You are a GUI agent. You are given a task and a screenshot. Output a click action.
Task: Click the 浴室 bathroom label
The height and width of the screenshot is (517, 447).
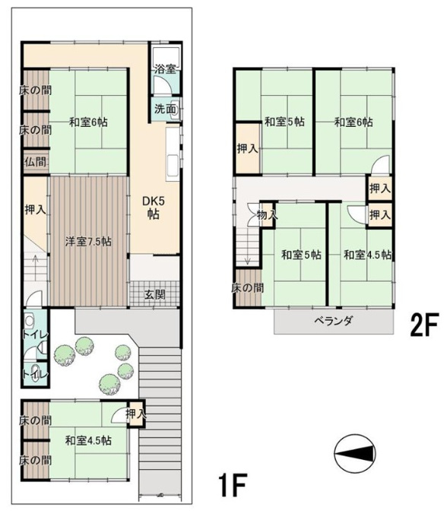coord(166,69)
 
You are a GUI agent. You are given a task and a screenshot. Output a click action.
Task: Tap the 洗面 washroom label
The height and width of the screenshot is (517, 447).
coord(166,109)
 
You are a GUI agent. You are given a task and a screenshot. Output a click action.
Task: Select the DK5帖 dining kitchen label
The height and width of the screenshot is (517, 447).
coord(154,208)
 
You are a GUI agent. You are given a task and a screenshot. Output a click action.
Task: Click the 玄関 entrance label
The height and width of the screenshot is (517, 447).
coord(155,294)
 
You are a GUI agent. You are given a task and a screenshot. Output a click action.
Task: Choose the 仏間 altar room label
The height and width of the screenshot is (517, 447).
coord(35,161)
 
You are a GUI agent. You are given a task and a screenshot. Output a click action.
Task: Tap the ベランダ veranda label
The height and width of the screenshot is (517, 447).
coord(334,321)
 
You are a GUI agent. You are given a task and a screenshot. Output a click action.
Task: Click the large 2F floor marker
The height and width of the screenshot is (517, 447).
coord(424,325)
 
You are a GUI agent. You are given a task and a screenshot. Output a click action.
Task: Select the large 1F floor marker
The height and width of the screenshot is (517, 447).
coord(233,485)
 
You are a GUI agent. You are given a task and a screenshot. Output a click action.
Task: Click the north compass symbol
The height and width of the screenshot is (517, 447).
coord(355,455)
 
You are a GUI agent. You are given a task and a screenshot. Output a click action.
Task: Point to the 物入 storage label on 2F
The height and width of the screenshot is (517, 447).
coord(267,215)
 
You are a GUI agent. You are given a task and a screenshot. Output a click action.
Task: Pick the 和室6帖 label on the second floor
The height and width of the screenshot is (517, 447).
coord(353,122)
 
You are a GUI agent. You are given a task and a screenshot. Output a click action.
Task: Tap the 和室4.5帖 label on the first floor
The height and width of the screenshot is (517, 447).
coord(88,440)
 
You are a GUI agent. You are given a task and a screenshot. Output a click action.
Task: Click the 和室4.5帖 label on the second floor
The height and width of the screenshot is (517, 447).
coord(367,255)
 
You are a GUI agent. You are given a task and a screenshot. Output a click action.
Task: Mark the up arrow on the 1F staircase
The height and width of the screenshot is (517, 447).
coord(35,263)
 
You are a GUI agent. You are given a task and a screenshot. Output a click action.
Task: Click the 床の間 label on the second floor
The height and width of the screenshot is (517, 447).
coord(248,288)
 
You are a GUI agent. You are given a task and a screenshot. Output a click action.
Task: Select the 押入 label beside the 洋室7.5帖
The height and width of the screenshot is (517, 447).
coord(35,209)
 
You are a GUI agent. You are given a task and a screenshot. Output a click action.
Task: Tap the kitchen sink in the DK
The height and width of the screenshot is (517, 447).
coord(173,166)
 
